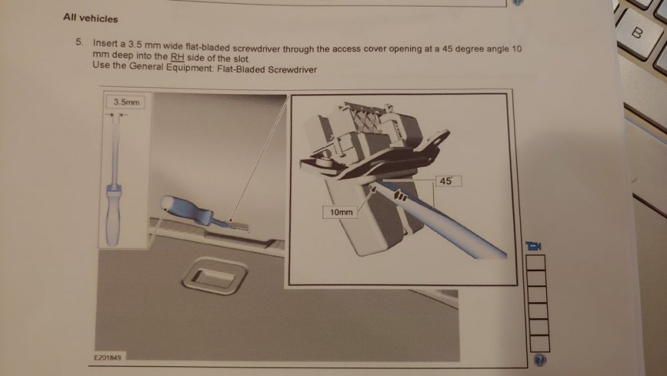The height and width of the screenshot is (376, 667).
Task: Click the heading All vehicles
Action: pyautogui.click(x=91, y=18)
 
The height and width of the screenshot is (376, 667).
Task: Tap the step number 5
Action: pyautogui.click(x=79, y=41)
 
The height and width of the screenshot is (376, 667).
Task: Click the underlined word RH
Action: pyautogui.click(x=177, y=57)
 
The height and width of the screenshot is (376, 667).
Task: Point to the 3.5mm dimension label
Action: pyautogui.click(x=126, y=102)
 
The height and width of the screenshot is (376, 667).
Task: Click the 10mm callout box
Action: pyautogui.click(x=341, y=212)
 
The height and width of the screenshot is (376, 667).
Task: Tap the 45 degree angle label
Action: pyautogui.click(x=448, y=180)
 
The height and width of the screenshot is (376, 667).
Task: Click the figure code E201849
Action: pyautogui.click(x=107, y=357)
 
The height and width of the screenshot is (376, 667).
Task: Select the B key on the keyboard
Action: pyautogui.click(x=637, y=33)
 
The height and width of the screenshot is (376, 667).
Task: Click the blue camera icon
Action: pyautogui.click(x=534, y=246)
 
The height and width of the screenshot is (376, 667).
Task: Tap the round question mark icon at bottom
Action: pyautogui.click(x=540, y=360)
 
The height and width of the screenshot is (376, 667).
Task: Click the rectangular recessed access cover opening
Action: pyautogui.click(x=214, y=276)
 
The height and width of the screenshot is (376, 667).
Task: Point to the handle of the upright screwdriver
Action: pyautogui.click(x=113, y=216)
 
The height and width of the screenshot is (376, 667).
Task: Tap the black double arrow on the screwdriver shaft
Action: pyautogui.click(x=400, y=196)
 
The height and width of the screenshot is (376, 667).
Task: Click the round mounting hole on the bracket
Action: pyautogui.click(x=440, y=138)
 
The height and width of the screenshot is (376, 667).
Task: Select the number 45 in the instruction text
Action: pyautogui.click(x=447, y=48)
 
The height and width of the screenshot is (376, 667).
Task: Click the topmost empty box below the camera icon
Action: pyautogui.click(x=536, y=262)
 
